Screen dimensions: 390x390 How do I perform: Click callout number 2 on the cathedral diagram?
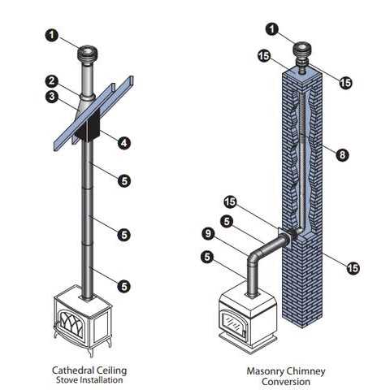51,80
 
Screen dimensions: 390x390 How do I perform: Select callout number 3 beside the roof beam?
51,96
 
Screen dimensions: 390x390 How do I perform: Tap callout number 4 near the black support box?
123,143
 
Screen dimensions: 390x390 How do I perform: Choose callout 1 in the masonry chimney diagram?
272,30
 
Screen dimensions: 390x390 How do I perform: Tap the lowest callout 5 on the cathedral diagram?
123,285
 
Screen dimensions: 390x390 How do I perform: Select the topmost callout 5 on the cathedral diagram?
123,181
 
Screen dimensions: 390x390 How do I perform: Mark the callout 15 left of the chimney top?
263,55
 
